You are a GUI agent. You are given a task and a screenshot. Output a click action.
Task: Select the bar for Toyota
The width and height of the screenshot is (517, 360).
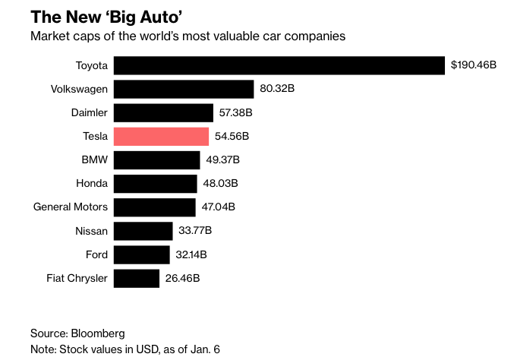coord(279,65)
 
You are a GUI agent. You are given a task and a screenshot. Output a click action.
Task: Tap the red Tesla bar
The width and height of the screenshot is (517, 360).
coord(161,137)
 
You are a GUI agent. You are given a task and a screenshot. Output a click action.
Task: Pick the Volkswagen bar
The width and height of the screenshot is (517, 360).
coord(184,89)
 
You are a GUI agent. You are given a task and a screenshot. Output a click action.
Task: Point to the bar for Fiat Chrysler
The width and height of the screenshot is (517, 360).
coord(137,278)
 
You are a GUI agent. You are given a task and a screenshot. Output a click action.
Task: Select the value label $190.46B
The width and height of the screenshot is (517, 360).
coord(473,65)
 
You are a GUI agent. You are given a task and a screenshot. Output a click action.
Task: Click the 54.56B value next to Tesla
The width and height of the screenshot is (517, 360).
coord(232,137)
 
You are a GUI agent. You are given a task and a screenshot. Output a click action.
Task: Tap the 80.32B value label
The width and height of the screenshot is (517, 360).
coord(277,89)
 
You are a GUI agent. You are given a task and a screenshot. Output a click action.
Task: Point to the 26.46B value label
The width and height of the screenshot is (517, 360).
coord(182,278)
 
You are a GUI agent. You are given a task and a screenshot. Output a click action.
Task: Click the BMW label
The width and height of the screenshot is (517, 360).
coord(95,160)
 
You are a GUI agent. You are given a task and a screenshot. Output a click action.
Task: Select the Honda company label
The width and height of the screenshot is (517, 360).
coord(92,183)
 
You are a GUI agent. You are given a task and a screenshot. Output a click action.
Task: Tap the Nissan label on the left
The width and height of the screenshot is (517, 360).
coord(92,231)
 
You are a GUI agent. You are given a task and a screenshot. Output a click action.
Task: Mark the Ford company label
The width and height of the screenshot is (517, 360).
coord(96,254)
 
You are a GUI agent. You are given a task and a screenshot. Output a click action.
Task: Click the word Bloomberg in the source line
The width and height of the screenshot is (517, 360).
coord(98,333)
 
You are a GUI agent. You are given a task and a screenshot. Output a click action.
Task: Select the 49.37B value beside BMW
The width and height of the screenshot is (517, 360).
coord(223,160)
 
